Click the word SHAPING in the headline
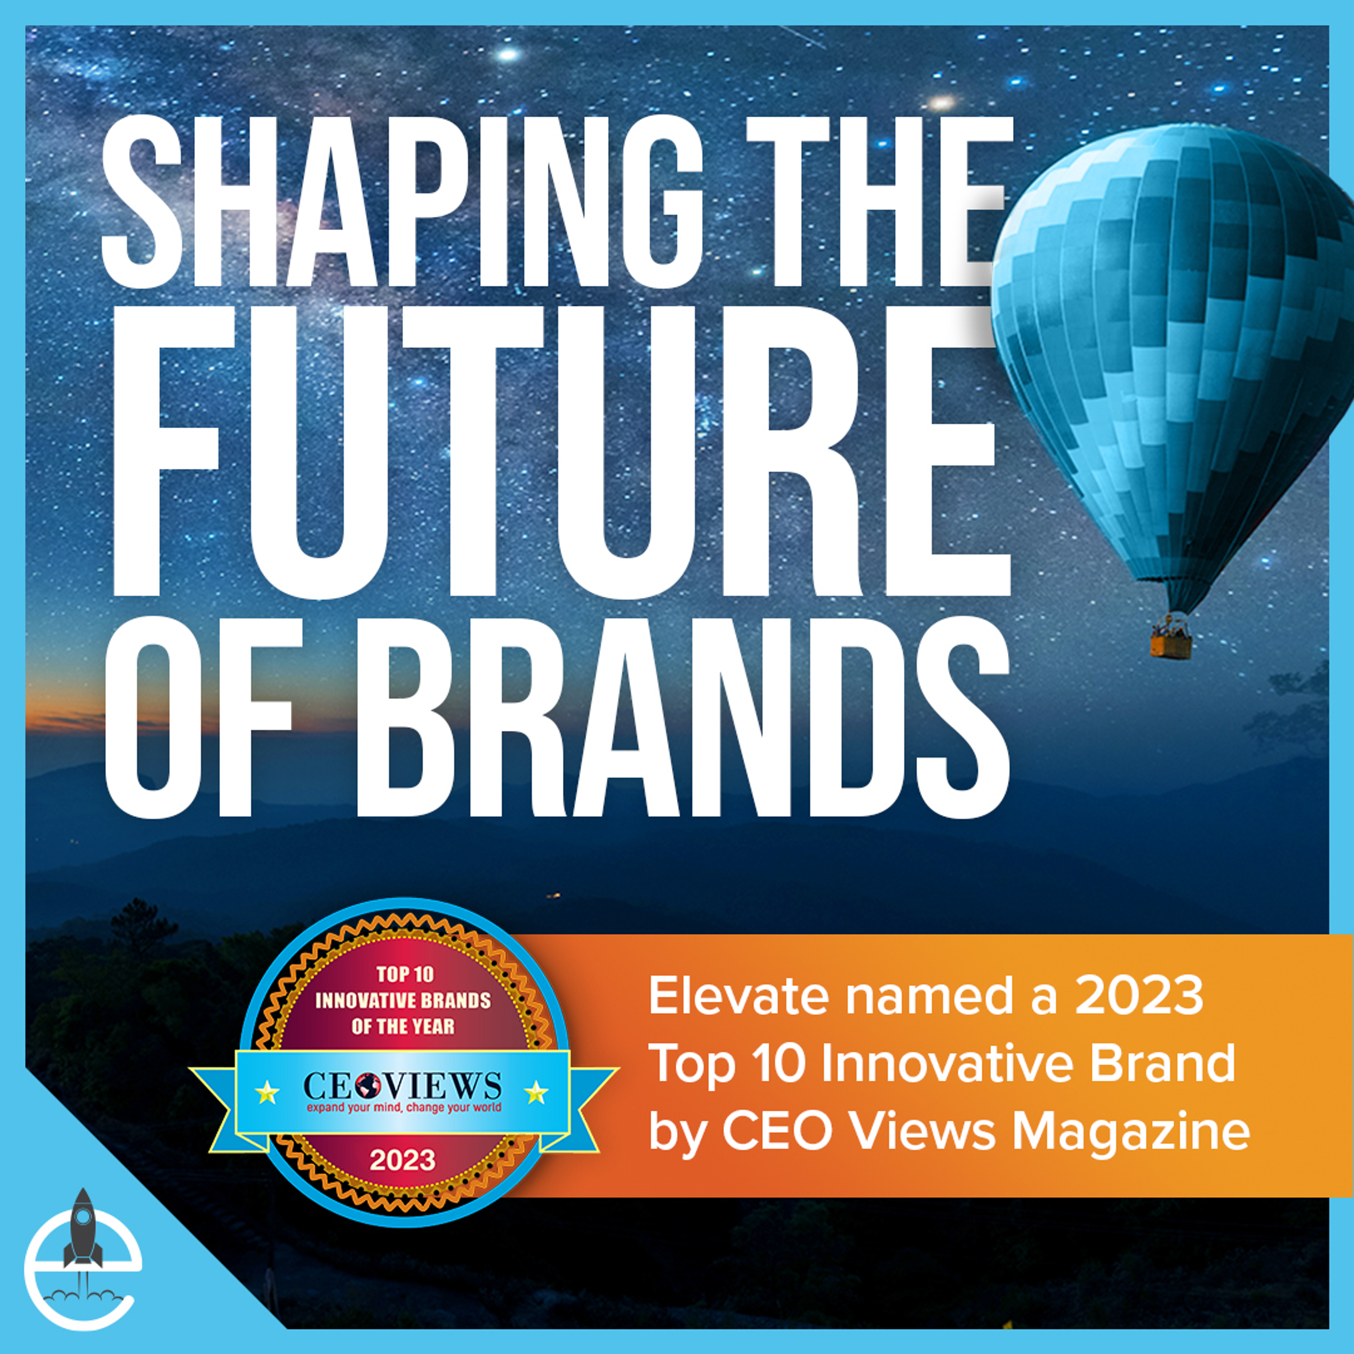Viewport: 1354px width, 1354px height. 401,202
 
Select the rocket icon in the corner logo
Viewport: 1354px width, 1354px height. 82,1229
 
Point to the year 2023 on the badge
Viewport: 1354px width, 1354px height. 402,1160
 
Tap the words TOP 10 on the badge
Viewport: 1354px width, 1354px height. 404,974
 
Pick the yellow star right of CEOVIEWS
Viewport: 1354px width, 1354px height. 536,1091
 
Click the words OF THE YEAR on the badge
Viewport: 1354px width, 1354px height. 403,1027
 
